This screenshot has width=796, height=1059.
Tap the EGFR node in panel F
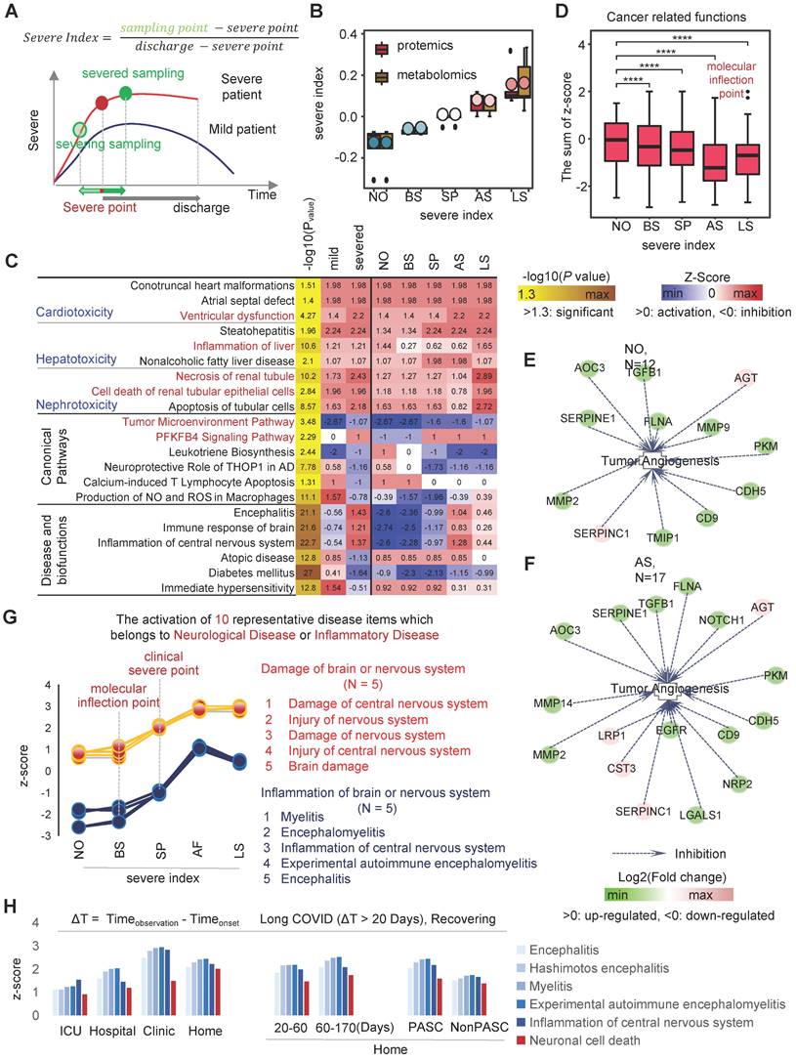pos(666,730)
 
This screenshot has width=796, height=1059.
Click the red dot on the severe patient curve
pos(102,102)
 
